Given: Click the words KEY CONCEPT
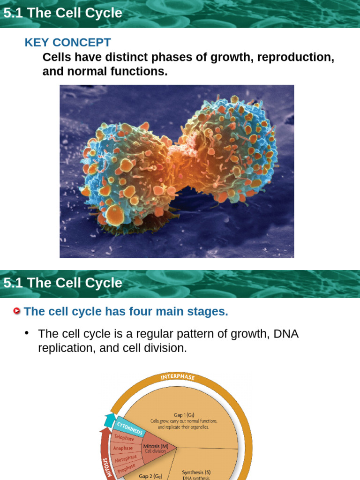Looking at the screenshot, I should click(67, 42).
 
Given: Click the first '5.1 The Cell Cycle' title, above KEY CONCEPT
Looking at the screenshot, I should click(63, 13).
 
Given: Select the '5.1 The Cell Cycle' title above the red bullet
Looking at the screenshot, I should click(63, 283).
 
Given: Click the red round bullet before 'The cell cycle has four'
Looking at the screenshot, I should click(17, 311).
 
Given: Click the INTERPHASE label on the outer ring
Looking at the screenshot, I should click(178, 377).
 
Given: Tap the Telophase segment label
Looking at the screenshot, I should click(124, 438).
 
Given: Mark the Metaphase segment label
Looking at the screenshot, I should click(126, 458).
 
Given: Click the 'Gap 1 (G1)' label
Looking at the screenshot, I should click(184, 415).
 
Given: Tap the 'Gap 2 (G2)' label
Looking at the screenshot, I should click(150, 476).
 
